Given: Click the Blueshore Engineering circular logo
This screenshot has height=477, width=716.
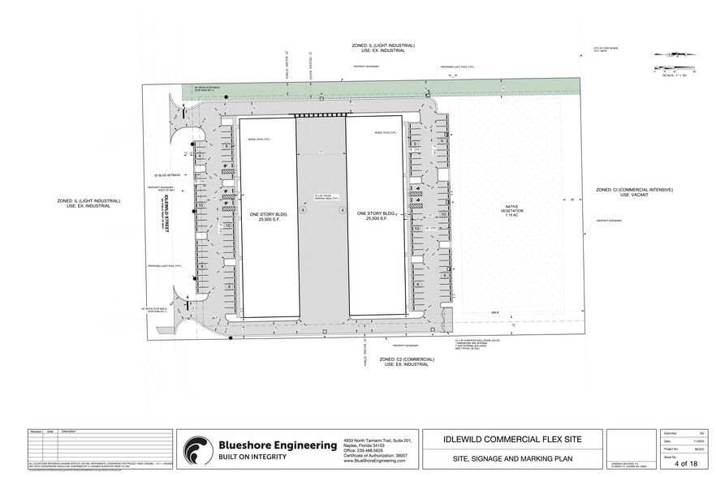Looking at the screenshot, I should [x=199, y=450].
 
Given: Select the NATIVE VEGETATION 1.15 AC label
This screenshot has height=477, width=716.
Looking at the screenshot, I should [x=511, y=212].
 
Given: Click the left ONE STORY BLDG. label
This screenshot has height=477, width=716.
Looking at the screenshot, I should [x=267, y=217].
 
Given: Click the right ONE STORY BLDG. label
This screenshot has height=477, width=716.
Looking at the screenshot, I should [x=376, y=217].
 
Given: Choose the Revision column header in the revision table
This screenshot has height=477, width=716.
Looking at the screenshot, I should [x=36, y=432].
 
